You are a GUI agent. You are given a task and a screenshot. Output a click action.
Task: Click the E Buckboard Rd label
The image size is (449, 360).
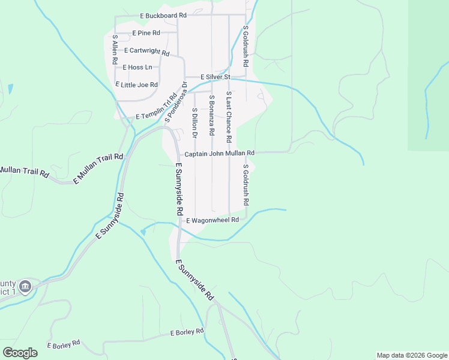[x=163, y=15]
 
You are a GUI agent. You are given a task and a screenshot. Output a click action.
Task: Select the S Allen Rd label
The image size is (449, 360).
[x=115, y=50]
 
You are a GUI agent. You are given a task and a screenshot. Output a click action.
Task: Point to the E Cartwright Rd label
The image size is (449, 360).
[x=148, y=52]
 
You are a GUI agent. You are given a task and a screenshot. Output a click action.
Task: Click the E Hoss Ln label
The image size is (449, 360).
[x=137, y=68]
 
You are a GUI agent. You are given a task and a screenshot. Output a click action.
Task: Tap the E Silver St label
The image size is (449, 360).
[x=207, y=77]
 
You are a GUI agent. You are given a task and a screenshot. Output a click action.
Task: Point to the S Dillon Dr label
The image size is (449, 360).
[x=194, y=124]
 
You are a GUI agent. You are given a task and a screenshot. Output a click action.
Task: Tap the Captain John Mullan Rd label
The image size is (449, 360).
[x=220, y=154]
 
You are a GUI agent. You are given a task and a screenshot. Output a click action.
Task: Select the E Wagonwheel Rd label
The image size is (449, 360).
[x=212, y=220]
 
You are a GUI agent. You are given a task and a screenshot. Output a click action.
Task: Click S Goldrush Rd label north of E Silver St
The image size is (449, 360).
[x=246, y=46]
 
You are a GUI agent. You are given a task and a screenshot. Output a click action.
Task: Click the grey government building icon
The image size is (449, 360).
[x=25, y=286]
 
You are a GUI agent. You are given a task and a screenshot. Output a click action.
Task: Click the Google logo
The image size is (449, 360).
[x=20, y=353]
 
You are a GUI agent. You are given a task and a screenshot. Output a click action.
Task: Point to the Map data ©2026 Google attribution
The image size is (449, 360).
[x=411, y=355]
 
